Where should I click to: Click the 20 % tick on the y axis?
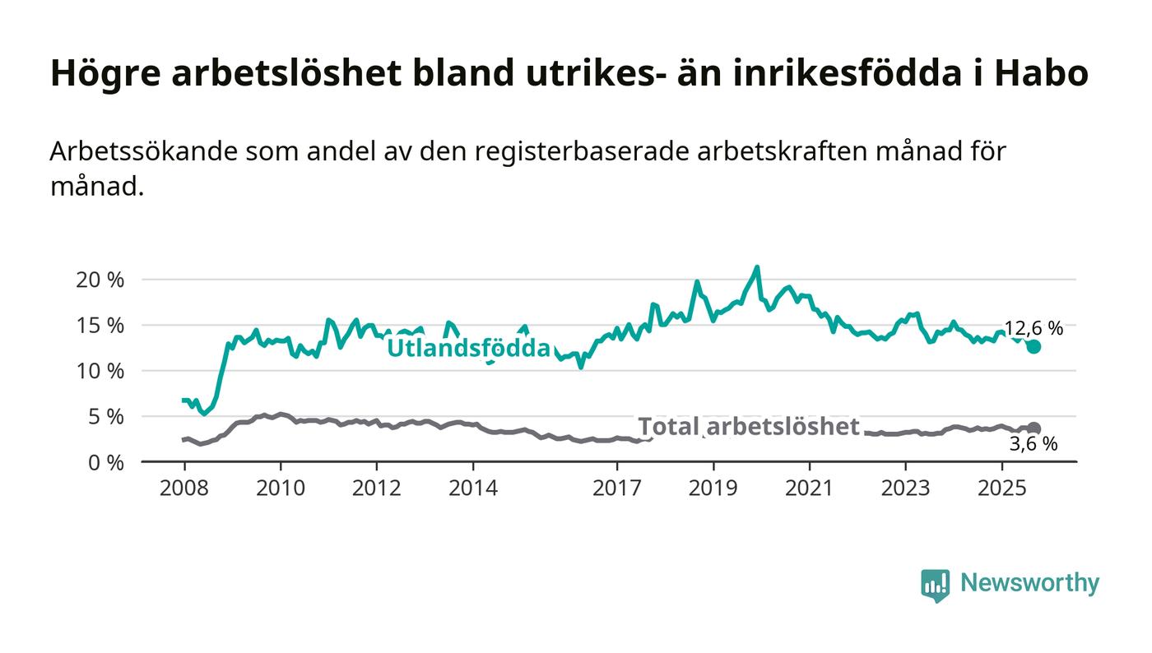(x=100, y=280)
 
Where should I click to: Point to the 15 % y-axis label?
(x=100, y=326)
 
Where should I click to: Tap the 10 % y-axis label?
(x=100, y=371)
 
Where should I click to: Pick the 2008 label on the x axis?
(x=184, y=489)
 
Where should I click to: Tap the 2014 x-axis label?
(x=473, y=489)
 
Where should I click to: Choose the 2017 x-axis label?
(x=617, y=489)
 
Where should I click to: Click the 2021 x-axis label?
(x=810, y=489)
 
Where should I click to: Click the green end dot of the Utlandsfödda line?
(x=1034, y=347)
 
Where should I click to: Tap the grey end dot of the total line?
(x=1034, y=428)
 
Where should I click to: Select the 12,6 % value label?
(x=1034, y=328)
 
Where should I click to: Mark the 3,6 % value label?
(x=1034, y=445)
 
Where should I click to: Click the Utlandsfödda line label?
(x=468, y=349)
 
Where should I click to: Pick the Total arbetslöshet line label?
(x=749, y=426)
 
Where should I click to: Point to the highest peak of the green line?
(x=757, y=266)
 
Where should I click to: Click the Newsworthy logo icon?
(x=935, y=585)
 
